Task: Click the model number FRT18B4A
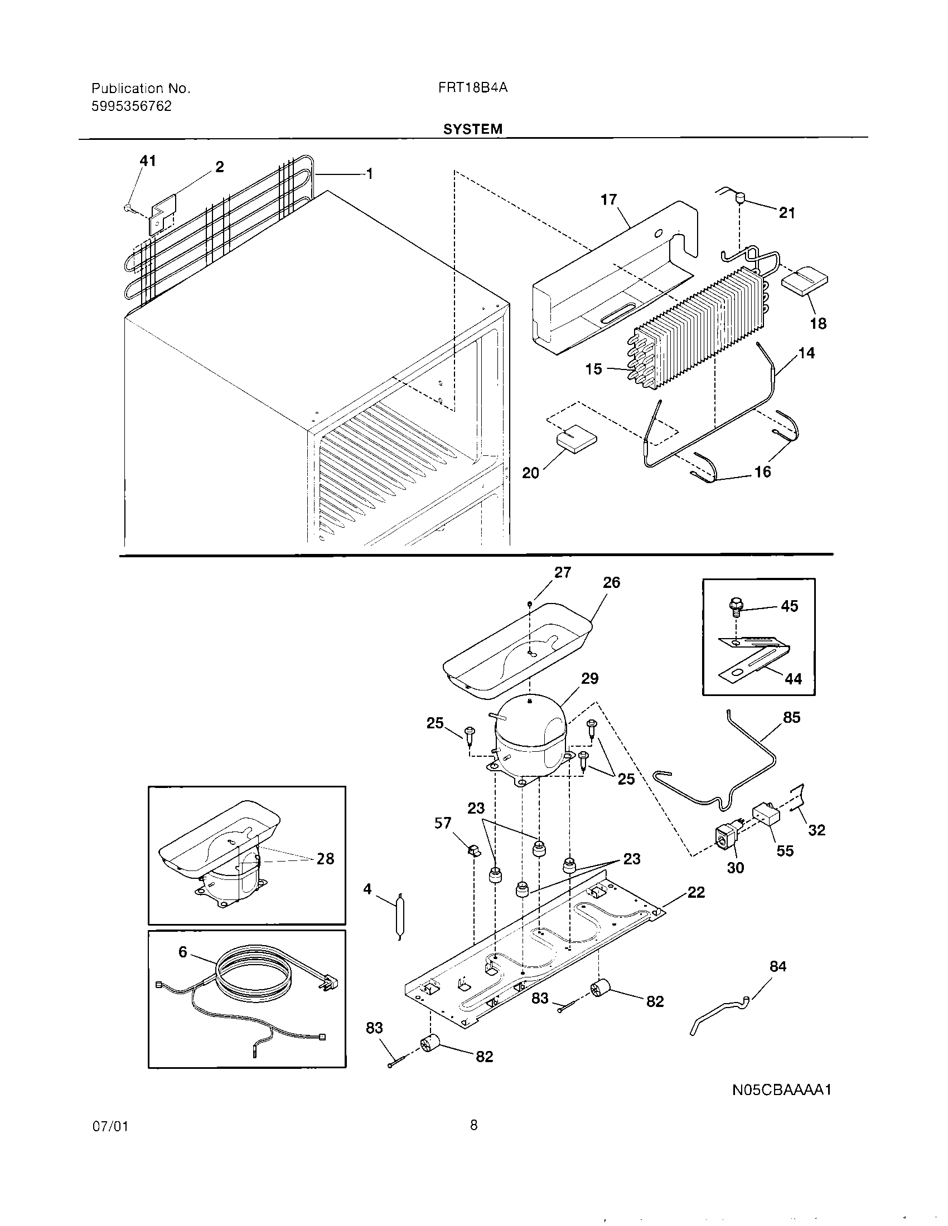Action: (x=473, y=88)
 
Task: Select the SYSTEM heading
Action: (x=473, y=129)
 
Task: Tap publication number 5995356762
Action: (x=132, y=106)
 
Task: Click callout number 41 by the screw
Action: (x=148, y=161)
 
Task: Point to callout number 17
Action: (x=609, y=200)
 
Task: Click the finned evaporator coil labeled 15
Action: (x=702, y=331)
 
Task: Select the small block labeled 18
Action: (x=804, y=280)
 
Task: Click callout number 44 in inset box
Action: (x=793, y=679)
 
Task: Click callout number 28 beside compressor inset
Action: (x=325, y=859)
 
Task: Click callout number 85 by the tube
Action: (x=791, y=717)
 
